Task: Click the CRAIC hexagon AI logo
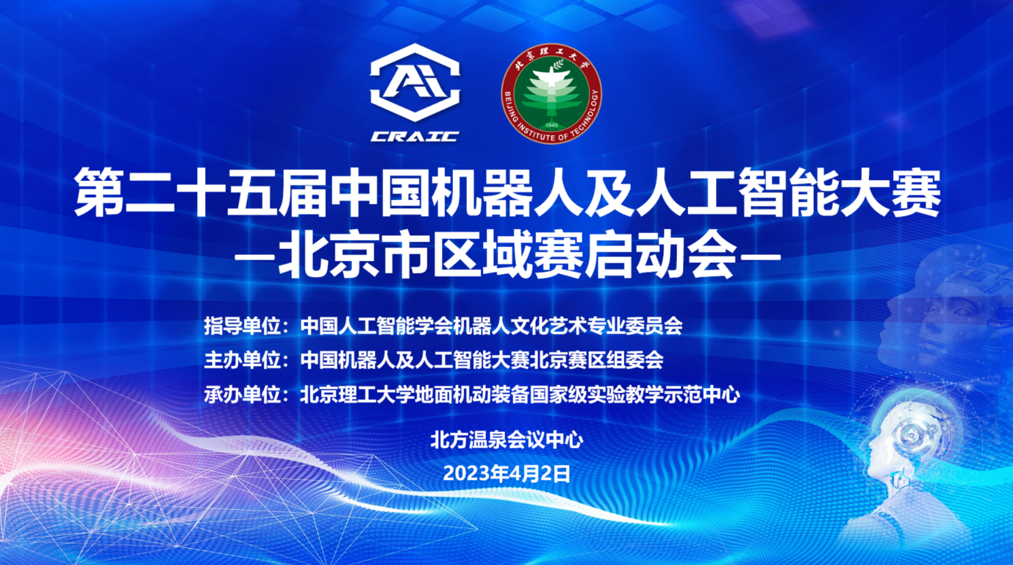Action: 415,83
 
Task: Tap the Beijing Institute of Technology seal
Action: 551,94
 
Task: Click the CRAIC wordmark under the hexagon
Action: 415,137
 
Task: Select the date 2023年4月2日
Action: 507,474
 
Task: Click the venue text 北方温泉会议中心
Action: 507,440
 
